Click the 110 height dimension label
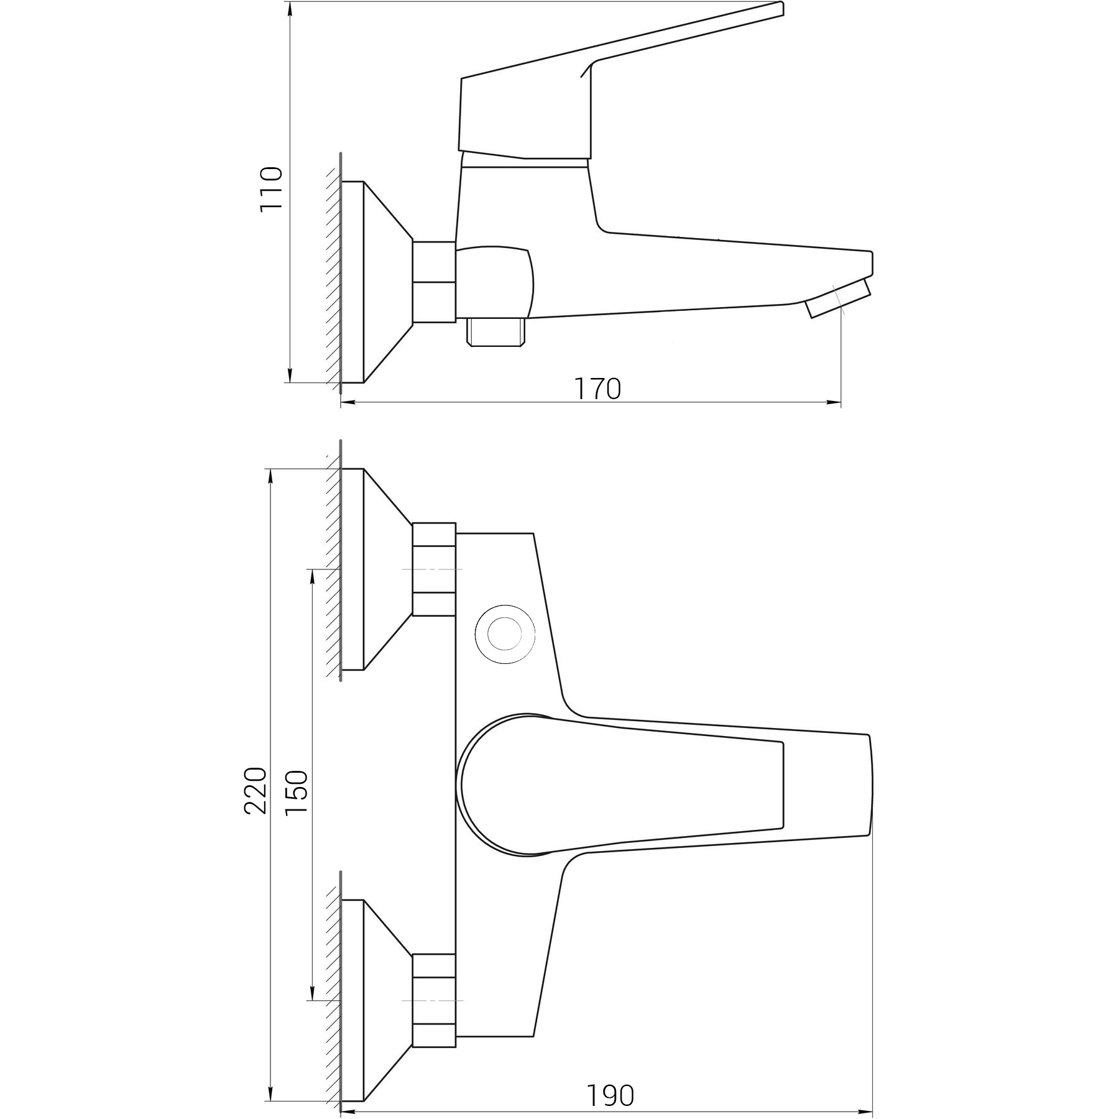click(272, 190)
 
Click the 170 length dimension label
click(597, 389)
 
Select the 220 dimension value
click(256, 791)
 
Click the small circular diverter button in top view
click(504, 636)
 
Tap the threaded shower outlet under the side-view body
click(495, 332)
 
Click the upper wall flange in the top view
click(377, 569)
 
